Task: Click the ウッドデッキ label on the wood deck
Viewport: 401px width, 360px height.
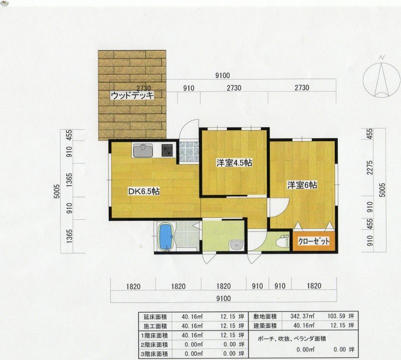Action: (x=132, y=95)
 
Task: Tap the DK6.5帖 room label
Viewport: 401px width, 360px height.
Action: (x=144, y=191)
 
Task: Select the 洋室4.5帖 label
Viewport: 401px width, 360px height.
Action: (x=234, y=163)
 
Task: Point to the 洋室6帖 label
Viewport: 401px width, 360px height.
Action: (x=302, y=185)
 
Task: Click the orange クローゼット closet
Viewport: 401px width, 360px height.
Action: (x=314, y=241)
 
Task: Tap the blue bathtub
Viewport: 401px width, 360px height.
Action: (x=166, y=237)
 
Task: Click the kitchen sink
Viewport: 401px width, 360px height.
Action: (x=143, y=151)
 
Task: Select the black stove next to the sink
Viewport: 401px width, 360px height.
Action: (x=167, y=151)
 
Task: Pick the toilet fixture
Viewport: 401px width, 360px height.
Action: (x=283, y=241)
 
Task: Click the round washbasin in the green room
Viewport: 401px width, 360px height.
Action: (x=236, y=245)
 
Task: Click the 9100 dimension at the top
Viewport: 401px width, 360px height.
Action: (x=223, y=76)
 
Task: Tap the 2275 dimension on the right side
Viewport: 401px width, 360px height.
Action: (x=370, y=167)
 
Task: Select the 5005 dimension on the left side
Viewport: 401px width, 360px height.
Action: (x=57, y=191)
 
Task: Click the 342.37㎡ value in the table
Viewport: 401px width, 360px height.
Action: (x=302, y=316)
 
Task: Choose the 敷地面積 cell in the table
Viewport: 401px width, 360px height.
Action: (x=265, y=316)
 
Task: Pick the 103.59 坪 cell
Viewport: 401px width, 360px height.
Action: (x=341, y=316)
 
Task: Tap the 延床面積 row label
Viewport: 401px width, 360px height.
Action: (x=155, y=317)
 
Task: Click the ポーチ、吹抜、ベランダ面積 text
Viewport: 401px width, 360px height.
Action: (x=292, y=339)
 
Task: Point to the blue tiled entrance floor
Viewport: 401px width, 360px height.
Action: (x=189, y=152)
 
